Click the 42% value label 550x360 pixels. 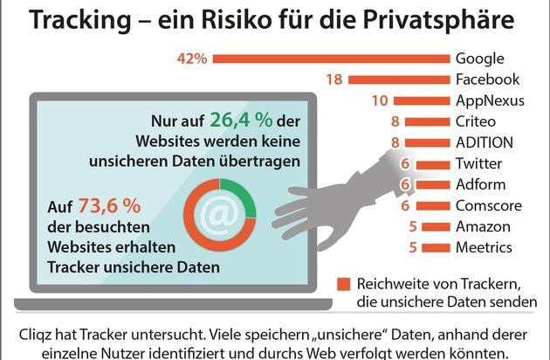[x=191, y=59]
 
